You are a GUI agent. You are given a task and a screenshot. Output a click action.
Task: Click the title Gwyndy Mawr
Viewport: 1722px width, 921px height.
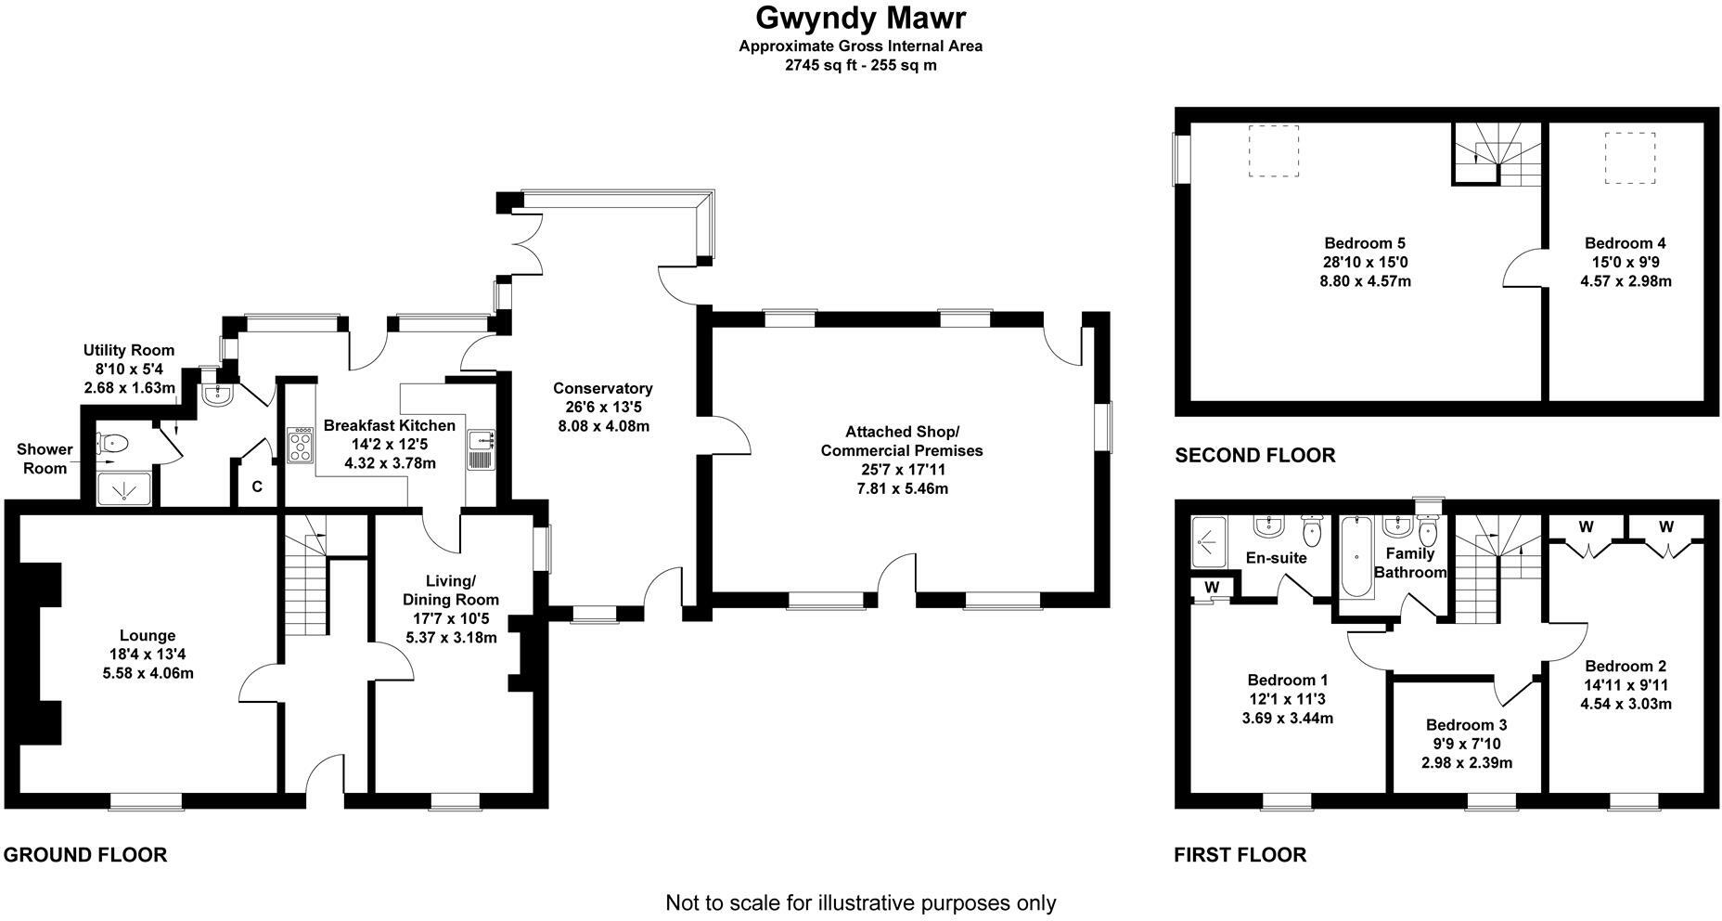(861, 18)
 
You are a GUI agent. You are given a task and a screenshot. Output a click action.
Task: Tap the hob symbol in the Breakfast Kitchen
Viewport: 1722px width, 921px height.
(302, 445)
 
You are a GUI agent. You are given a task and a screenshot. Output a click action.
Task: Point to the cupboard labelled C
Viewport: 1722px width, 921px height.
(257, 486)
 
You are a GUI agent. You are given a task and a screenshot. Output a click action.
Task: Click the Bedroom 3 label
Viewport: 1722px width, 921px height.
(1466, 725)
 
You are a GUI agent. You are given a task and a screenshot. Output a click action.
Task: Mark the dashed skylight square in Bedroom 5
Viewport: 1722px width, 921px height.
(1274, 151)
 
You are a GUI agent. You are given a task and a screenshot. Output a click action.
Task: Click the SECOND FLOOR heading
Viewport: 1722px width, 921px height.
(1254, 456)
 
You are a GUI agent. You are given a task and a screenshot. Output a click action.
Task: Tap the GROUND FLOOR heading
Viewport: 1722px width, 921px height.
(85, 855)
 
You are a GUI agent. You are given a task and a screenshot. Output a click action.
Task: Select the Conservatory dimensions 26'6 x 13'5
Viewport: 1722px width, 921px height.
(602, 407)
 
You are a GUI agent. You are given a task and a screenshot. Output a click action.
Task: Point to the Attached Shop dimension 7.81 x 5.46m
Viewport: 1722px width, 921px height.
(901, 488)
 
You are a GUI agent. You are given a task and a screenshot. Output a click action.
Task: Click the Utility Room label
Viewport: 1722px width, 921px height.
(129, 350)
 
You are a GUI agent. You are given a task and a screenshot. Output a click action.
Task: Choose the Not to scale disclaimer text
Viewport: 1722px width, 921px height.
(860, 902)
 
